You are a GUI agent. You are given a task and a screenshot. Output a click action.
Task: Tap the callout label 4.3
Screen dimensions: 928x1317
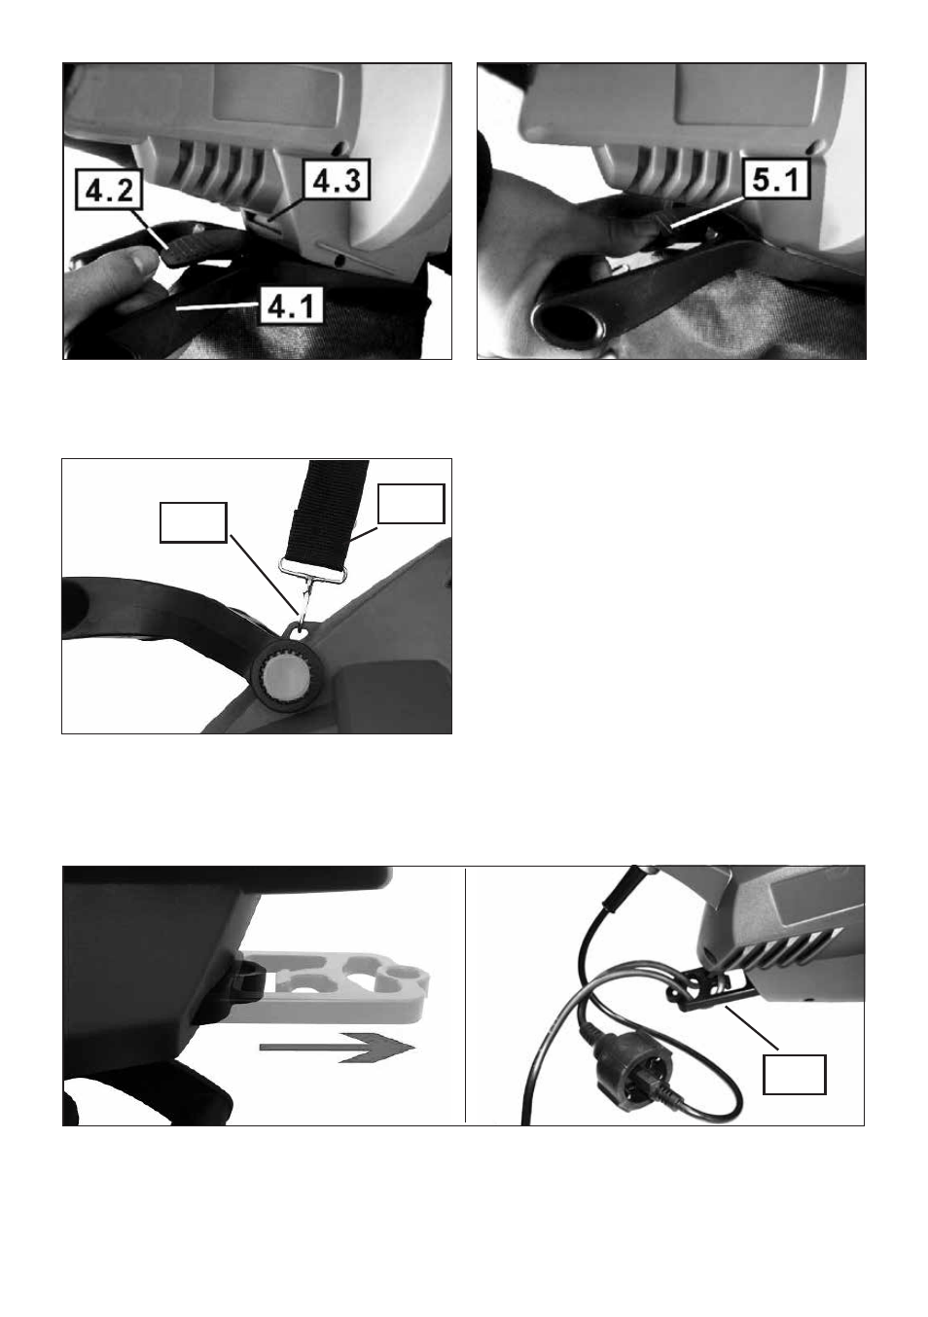pos(336,179)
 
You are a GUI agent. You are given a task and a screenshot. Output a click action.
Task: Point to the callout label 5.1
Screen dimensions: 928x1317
pos(776,179)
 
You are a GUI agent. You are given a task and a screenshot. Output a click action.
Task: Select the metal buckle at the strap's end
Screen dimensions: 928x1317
pos(311,570)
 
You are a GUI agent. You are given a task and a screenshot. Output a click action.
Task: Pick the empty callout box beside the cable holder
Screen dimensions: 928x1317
pos(794,1074)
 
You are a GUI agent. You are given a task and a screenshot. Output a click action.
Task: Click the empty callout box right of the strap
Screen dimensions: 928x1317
pos(410,503)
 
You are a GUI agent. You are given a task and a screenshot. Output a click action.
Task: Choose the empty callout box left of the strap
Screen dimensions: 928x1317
pos(193,522)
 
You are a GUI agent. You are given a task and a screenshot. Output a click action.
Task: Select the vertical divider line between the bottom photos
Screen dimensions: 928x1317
pos(465,994)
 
